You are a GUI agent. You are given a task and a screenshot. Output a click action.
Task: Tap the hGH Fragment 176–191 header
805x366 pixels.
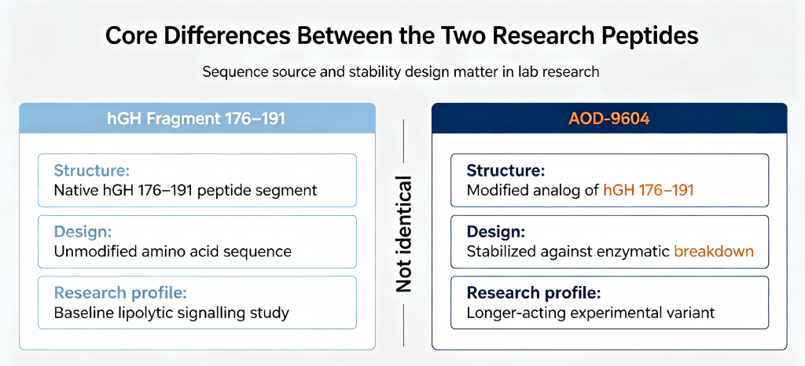click(197, 119)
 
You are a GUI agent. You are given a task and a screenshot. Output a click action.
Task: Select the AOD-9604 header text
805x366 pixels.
click(609, 119)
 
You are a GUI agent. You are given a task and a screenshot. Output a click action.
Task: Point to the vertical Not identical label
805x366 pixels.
click(404, 234)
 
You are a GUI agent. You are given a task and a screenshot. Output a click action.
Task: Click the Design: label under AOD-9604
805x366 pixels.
click(495, 232)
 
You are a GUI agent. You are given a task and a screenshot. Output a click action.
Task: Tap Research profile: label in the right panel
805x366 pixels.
click(534, 293)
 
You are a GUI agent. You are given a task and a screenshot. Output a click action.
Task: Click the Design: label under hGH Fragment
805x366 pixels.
click(83, 231)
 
